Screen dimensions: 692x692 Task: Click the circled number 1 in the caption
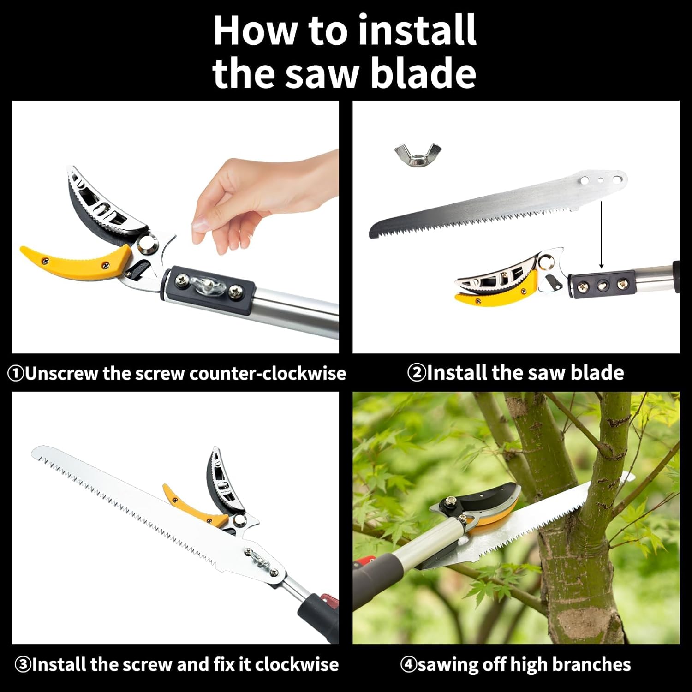point(16,373)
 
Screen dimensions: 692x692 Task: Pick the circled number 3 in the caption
point(23,665)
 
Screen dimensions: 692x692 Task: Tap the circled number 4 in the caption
point(408,665)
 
